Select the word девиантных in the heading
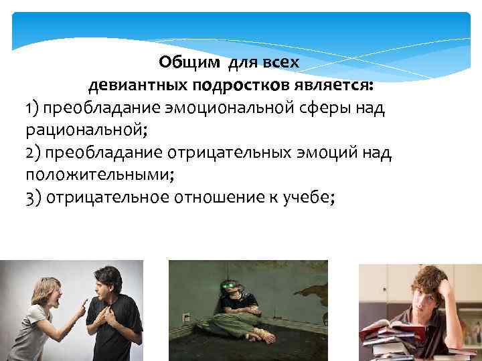[x=138, y=86]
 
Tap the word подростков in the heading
[x=231, y=86]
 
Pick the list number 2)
[x=35, y=154]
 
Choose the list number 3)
[x=35, y=199]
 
